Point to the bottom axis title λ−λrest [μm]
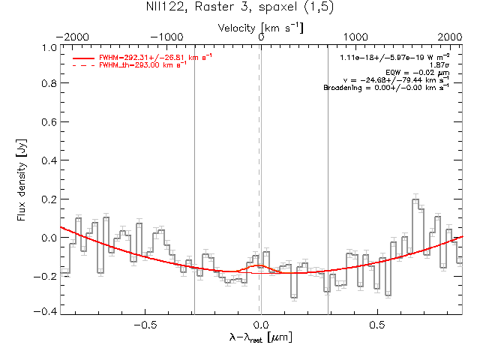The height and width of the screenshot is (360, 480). coord(261,338)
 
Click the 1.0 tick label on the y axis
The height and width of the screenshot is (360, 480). coord(49,47)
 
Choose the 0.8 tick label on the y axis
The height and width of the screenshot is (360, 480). coord(49,85)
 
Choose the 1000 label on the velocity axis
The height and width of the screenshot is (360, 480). coord(356,37)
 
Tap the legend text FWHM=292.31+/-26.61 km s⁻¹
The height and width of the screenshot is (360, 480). coord(157,57)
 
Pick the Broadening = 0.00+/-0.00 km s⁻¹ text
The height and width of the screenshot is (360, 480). coord(386,88)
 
